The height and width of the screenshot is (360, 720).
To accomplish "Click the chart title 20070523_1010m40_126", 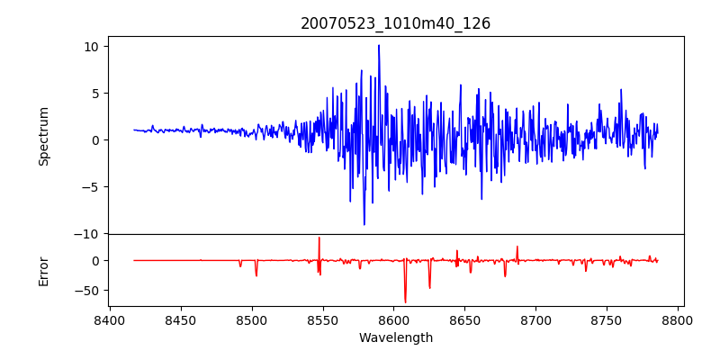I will coord(395,23).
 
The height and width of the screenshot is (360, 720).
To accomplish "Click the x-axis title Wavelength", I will coord(395,337).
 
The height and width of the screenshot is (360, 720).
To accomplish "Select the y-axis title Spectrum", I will coord(43,136).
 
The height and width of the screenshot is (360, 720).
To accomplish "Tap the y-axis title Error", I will coord(43,270).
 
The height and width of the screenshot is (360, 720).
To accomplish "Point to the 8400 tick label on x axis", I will coord(110,319).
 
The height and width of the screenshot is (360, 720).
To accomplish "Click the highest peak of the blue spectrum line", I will coord(379,45).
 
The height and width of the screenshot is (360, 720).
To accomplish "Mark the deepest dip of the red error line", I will coord(405,302).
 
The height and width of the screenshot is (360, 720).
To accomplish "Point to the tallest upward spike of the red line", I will coord(319,238).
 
